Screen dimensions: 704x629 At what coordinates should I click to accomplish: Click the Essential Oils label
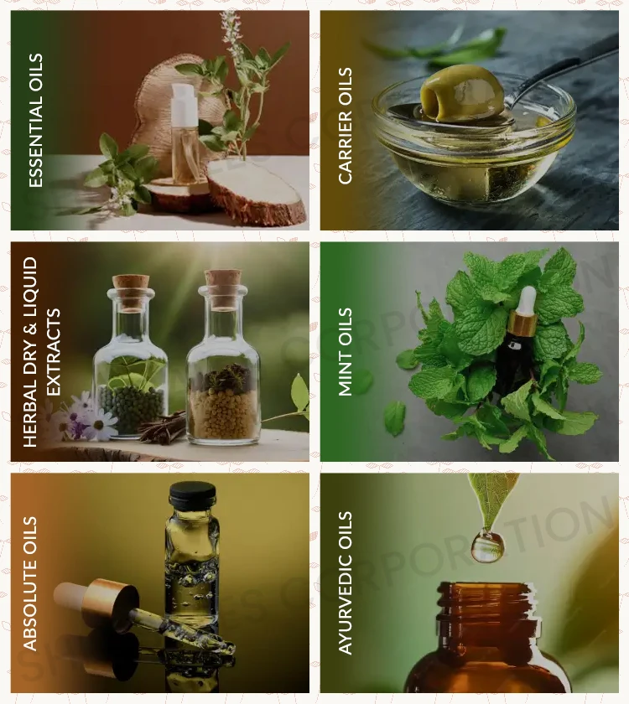pos(36,120)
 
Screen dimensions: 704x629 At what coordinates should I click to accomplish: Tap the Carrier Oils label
pos(346,126)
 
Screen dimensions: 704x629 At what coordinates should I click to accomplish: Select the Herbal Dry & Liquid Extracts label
pos(42,352)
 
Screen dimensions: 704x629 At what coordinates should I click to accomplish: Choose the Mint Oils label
pos(346,352)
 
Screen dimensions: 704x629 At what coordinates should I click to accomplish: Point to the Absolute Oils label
pos(31,583)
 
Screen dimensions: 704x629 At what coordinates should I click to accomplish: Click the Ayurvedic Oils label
pos(346,583)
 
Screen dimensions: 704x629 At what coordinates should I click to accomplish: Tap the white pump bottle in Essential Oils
pos(185,134)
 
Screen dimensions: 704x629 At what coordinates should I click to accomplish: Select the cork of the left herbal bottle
pos(131,291)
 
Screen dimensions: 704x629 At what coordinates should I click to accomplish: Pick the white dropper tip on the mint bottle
pos(526,300)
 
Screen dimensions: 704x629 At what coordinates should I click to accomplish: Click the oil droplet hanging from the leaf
pos(487,546)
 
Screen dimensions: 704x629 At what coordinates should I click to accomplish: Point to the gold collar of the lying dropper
pos(112,601)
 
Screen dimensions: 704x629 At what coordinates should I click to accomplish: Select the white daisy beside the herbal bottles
pos(100,423)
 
